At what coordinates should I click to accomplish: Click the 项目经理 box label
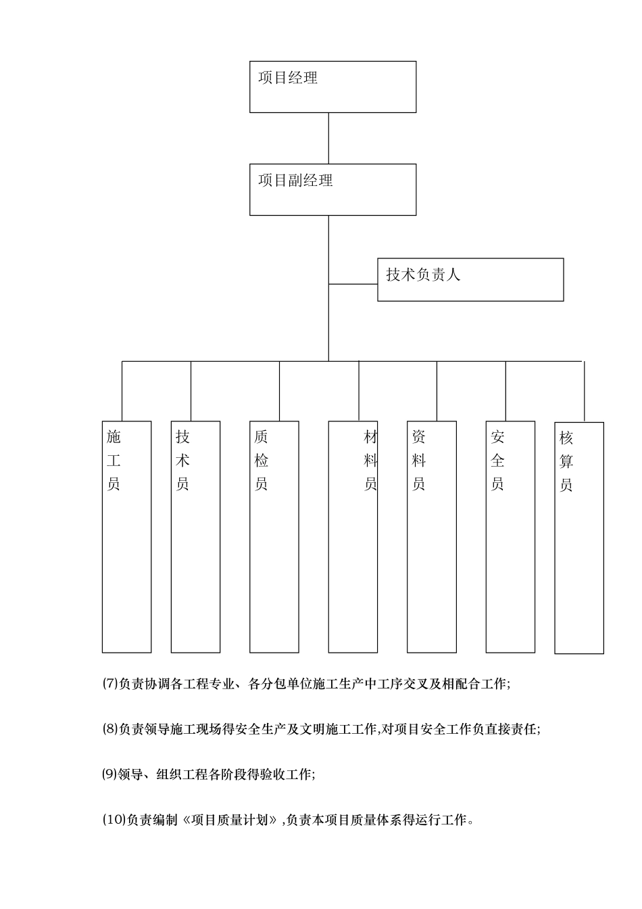point(288,78)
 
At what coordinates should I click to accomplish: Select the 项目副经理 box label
point(295,181)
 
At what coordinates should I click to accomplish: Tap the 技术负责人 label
point(423,275)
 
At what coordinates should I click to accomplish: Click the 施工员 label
point(114,461)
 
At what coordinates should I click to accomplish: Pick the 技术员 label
point(182,461)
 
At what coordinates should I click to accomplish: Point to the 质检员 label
point(262,461)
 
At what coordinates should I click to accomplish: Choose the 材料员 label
point(370,461)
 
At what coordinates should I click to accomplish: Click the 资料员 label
point(419,461)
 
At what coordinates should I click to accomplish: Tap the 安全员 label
point(497,461)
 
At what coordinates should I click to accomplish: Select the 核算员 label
point(566,462)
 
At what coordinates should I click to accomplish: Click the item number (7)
point(110,684)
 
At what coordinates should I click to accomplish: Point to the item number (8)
point(110,729)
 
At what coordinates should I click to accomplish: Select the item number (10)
point(114,820)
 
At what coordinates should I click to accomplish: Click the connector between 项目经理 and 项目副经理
point(328,138)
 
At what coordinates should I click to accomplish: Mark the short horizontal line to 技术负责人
point(353,284)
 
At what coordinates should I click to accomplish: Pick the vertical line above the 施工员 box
point(122,391)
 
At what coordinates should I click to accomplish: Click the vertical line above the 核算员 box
point(584,391)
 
